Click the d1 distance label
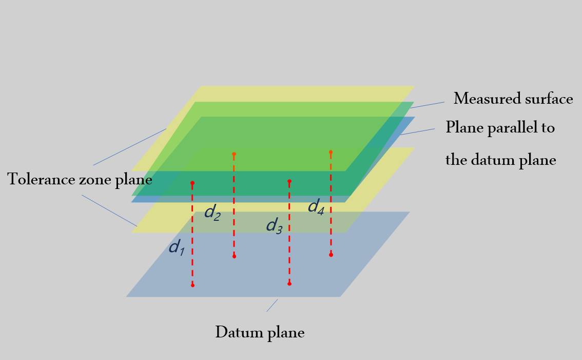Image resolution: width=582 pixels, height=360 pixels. click(x=177, y=247)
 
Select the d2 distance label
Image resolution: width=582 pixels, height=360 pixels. click(x=212, y=213)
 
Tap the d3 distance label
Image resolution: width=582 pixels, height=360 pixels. click(x=274, y=225)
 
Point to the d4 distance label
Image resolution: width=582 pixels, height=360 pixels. click(x=316, y=206)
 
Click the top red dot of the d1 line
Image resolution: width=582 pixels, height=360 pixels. click(x=192, y=183)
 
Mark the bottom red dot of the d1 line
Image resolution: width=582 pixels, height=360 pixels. click(x=192, y=285)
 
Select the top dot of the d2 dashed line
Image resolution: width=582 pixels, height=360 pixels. click(x=234, y=154)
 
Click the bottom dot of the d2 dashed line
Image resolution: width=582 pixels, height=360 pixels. click(x=234, y=256)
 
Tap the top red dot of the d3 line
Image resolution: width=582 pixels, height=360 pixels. click(x=289, y=181)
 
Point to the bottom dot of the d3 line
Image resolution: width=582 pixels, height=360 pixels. click(x=289, y=284)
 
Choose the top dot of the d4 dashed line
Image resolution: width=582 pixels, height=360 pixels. click(x=331, y=152)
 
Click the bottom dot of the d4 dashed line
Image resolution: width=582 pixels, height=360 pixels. click(x=331, y=255)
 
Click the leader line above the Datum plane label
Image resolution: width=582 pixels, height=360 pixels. click(x=272, y=306)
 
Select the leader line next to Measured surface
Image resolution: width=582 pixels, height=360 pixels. click(x=427, y=105)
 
